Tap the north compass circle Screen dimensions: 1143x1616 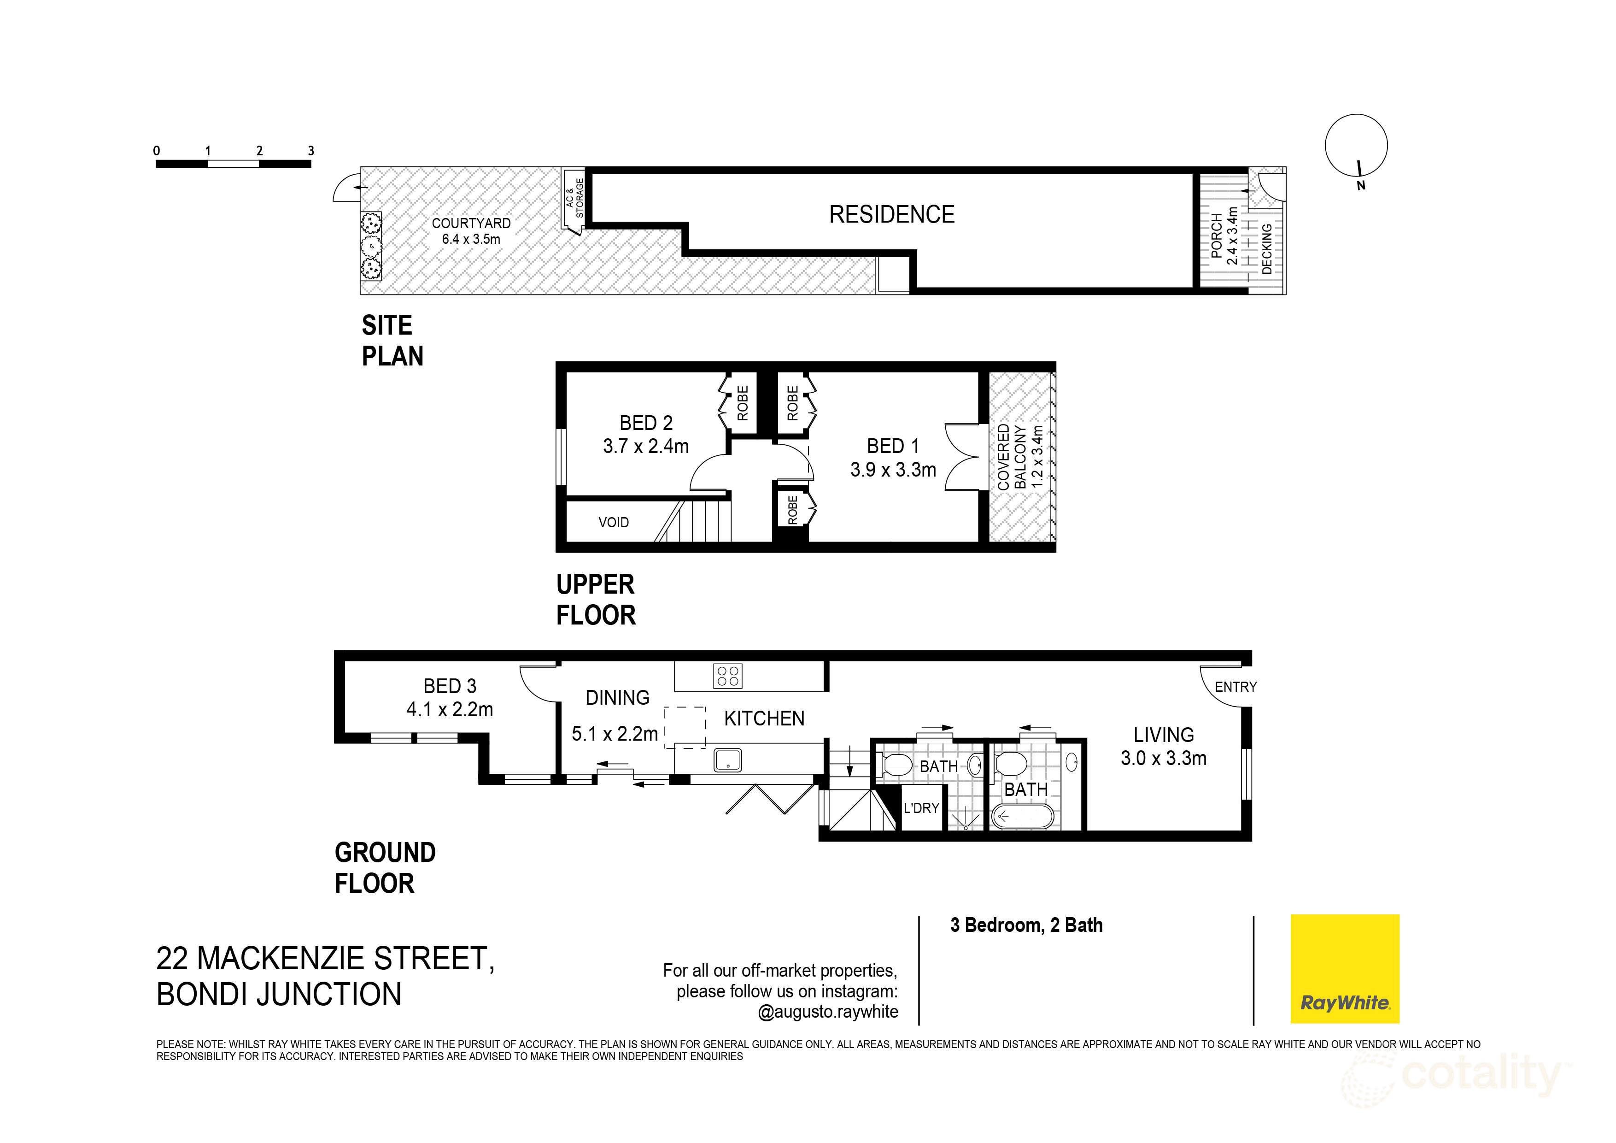tap(1356, 146)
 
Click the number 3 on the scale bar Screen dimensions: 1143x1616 tap(310, 151)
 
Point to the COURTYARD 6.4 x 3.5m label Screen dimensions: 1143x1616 tap(470, 231)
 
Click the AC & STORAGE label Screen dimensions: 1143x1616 tap(575, 198)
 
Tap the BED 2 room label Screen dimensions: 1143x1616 tap(645, 434)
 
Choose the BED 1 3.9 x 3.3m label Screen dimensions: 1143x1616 tap(892, 458)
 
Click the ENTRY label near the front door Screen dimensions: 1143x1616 tap(1235, 687)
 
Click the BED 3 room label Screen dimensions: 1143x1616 tap(449, 697)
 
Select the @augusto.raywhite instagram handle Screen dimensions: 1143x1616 tap(828, 1012)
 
